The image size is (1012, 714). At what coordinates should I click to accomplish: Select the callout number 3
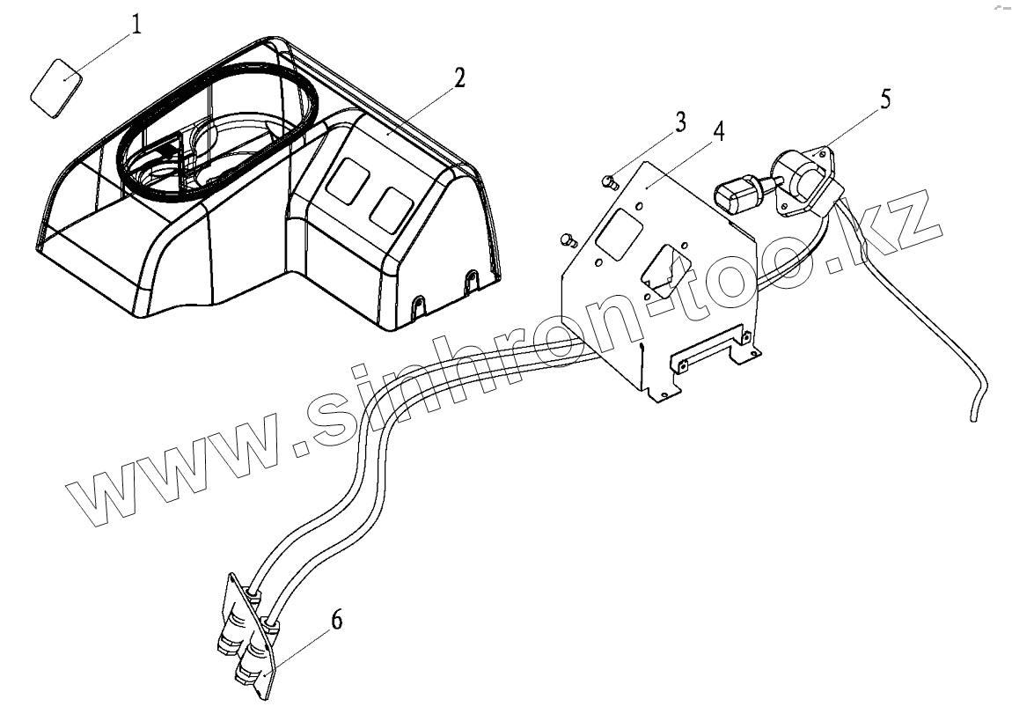coord(680,122)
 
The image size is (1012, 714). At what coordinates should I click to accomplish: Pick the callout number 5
coord(884,99)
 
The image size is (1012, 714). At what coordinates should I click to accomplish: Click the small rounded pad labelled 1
coord(56,85)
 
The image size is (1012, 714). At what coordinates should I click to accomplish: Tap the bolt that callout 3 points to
coord(606,181)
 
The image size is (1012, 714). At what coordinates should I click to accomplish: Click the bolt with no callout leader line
coord(568,239)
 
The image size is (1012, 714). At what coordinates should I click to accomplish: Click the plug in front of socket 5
coord(737,191)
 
